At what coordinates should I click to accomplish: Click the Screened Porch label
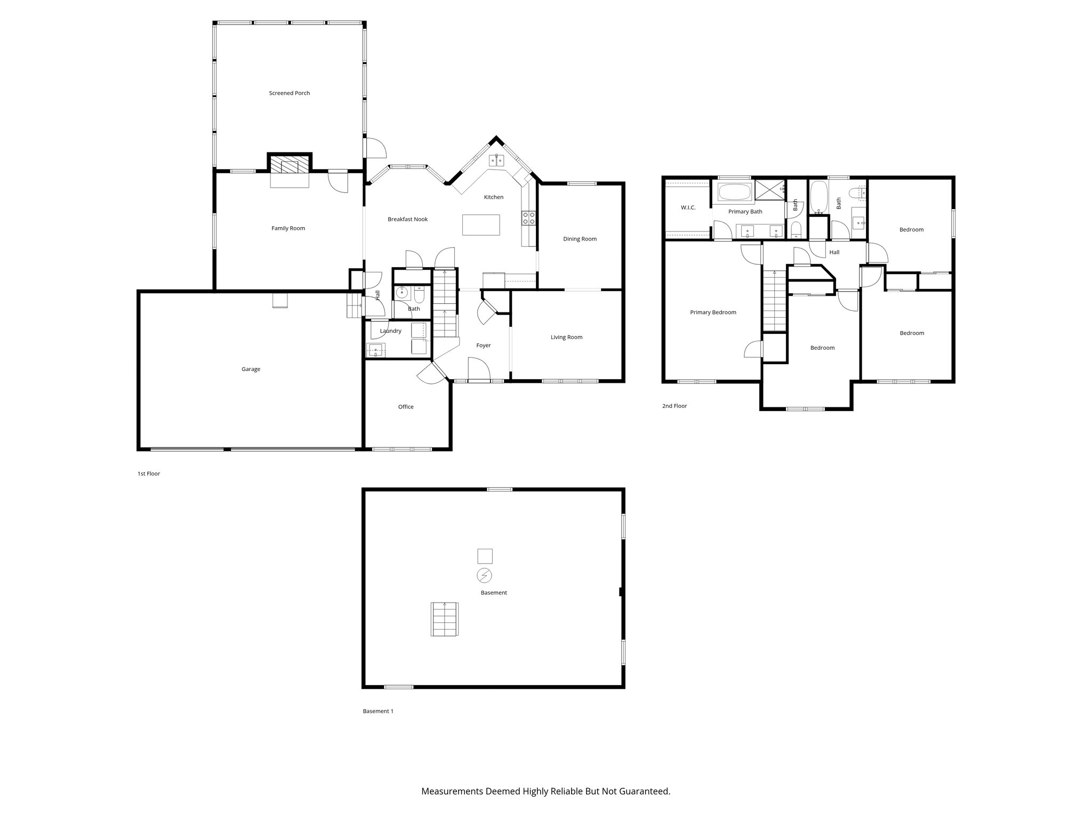click(289, 93)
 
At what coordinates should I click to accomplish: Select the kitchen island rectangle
click(481, 224)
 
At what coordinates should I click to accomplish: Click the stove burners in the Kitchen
click(528, 218)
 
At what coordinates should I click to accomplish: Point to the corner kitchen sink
click(497, 160)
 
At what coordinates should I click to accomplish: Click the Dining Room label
click(580, 239)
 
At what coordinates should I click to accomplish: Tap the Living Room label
click(566, 337)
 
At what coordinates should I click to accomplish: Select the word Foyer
click(483, 346)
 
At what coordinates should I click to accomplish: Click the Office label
click(405, 407)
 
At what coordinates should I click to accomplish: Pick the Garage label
click(251, 369)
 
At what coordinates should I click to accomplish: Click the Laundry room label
click(390, 331)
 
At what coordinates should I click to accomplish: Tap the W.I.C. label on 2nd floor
click(688, 207)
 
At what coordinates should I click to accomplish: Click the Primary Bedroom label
click(713, 312)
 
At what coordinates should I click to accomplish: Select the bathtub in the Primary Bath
click(735, 192)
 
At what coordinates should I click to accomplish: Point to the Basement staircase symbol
click(444, 619)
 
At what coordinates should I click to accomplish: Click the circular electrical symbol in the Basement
click(484, 576)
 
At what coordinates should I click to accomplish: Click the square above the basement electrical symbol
click(484, 556)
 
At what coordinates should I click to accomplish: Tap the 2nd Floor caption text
click(675, 406)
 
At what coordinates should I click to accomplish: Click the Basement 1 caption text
click(378, 711)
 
